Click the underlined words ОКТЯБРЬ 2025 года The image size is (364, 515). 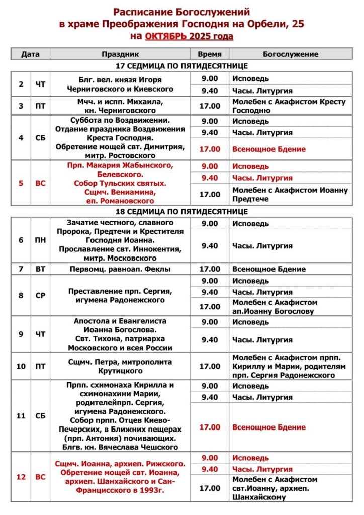(189, 36)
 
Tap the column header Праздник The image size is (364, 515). (120, 54)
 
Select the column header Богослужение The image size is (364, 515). (291, 54)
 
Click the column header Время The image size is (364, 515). (209, 54)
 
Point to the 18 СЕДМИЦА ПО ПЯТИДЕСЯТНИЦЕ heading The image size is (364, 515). (181, 211)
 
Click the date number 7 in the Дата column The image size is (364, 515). (21, 269)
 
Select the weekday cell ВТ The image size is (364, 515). (40, 269)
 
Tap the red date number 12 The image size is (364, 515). (21, 477)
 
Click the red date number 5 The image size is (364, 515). (21, 183)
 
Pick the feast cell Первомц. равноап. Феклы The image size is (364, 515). (120, 269)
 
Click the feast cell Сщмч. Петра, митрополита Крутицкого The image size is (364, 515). (120, 366)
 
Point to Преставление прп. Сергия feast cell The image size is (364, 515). (120, 296)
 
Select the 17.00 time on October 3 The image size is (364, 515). (209, 106)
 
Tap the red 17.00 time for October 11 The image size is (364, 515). (209, 427)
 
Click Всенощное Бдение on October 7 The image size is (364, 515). (269, 269)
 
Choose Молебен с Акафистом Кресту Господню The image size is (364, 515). (289, 106)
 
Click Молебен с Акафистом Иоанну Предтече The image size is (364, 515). (290, 194)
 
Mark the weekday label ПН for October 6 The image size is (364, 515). (40, 240)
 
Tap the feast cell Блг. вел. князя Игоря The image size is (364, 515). (120, 84)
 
